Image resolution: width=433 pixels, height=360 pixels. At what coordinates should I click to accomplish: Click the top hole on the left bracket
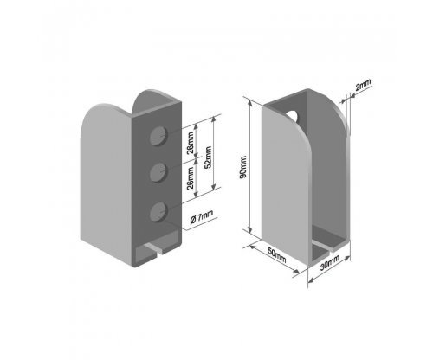(x=158, y=135)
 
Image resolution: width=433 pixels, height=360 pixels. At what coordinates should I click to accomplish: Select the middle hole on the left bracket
(x=158, y=172)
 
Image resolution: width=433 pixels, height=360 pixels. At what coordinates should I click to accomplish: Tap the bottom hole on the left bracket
(x=158, y=211)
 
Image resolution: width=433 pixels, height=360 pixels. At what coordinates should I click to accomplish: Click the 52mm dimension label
(x=208, y=157)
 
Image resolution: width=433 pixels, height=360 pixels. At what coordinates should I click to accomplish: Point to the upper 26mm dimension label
(x=191, y=143)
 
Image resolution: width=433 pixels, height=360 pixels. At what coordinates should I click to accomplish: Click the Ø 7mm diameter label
(x=202, y=216)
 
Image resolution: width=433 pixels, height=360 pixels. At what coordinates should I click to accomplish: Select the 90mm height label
(x=243, y=167)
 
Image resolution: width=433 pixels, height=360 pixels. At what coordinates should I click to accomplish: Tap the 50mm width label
(x=277, y=255)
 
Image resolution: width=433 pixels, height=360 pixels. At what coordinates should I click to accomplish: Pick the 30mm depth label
(x=330, y=262)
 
